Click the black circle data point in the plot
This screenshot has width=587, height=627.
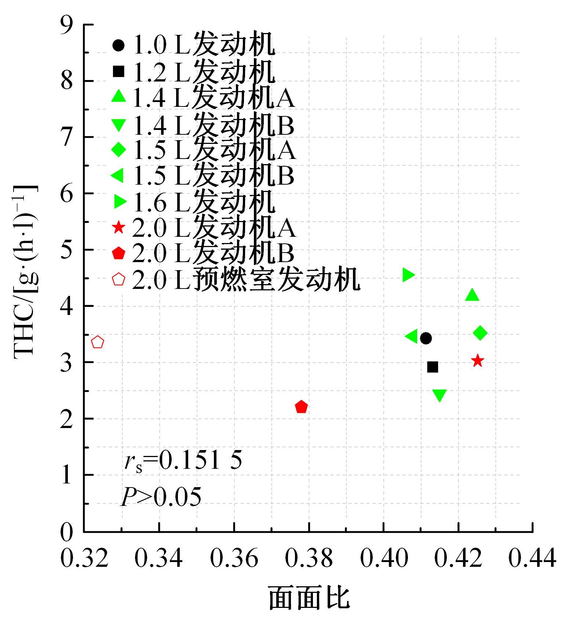(426, 338)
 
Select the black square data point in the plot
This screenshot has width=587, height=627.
(433, 367)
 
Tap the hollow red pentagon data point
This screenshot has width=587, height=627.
(97, 342)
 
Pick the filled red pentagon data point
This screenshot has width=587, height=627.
(301, 407)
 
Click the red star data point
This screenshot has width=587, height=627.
(477, 361)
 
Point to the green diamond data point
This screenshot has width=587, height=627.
(480, 333)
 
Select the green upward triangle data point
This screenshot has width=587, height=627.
(472, 295)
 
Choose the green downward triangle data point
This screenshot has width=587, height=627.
(440, 395)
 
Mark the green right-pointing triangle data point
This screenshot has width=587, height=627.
(408, 275)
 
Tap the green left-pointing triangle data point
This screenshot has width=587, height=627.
(412, 336)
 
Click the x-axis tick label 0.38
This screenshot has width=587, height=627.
(309, 558)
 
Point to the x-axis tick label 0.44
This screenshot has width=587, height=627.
(532, 558)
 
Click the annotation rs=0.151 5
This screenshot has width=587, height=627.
(183, 460)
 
